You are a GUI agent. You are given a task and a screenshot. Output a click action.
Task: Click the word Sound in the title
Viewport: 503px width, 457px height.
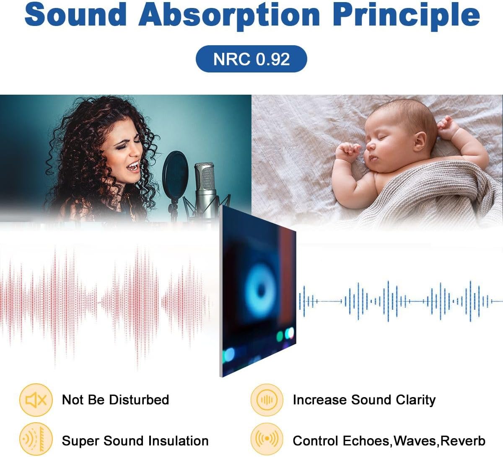pos(75,14)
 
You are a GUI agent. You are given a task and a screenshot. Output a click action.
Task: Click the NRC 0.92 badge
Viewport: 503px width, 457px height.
pos(251,59)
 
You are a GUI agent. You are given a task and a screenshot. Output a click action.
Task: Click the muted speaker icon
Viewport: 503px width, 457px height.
pos(36,400)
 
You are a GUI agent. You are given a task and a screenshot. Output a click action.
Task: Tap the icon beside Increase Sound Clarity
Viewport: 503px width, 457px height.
pos(267,400)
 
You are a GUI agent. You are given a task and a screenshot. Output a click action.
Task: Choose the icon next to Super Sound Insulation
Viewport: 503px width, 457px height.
pos(36,440)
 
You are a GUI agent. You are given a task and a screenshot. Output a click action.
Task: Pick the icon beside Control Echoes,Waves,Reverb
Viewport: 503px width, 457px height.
pos(267,440)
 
